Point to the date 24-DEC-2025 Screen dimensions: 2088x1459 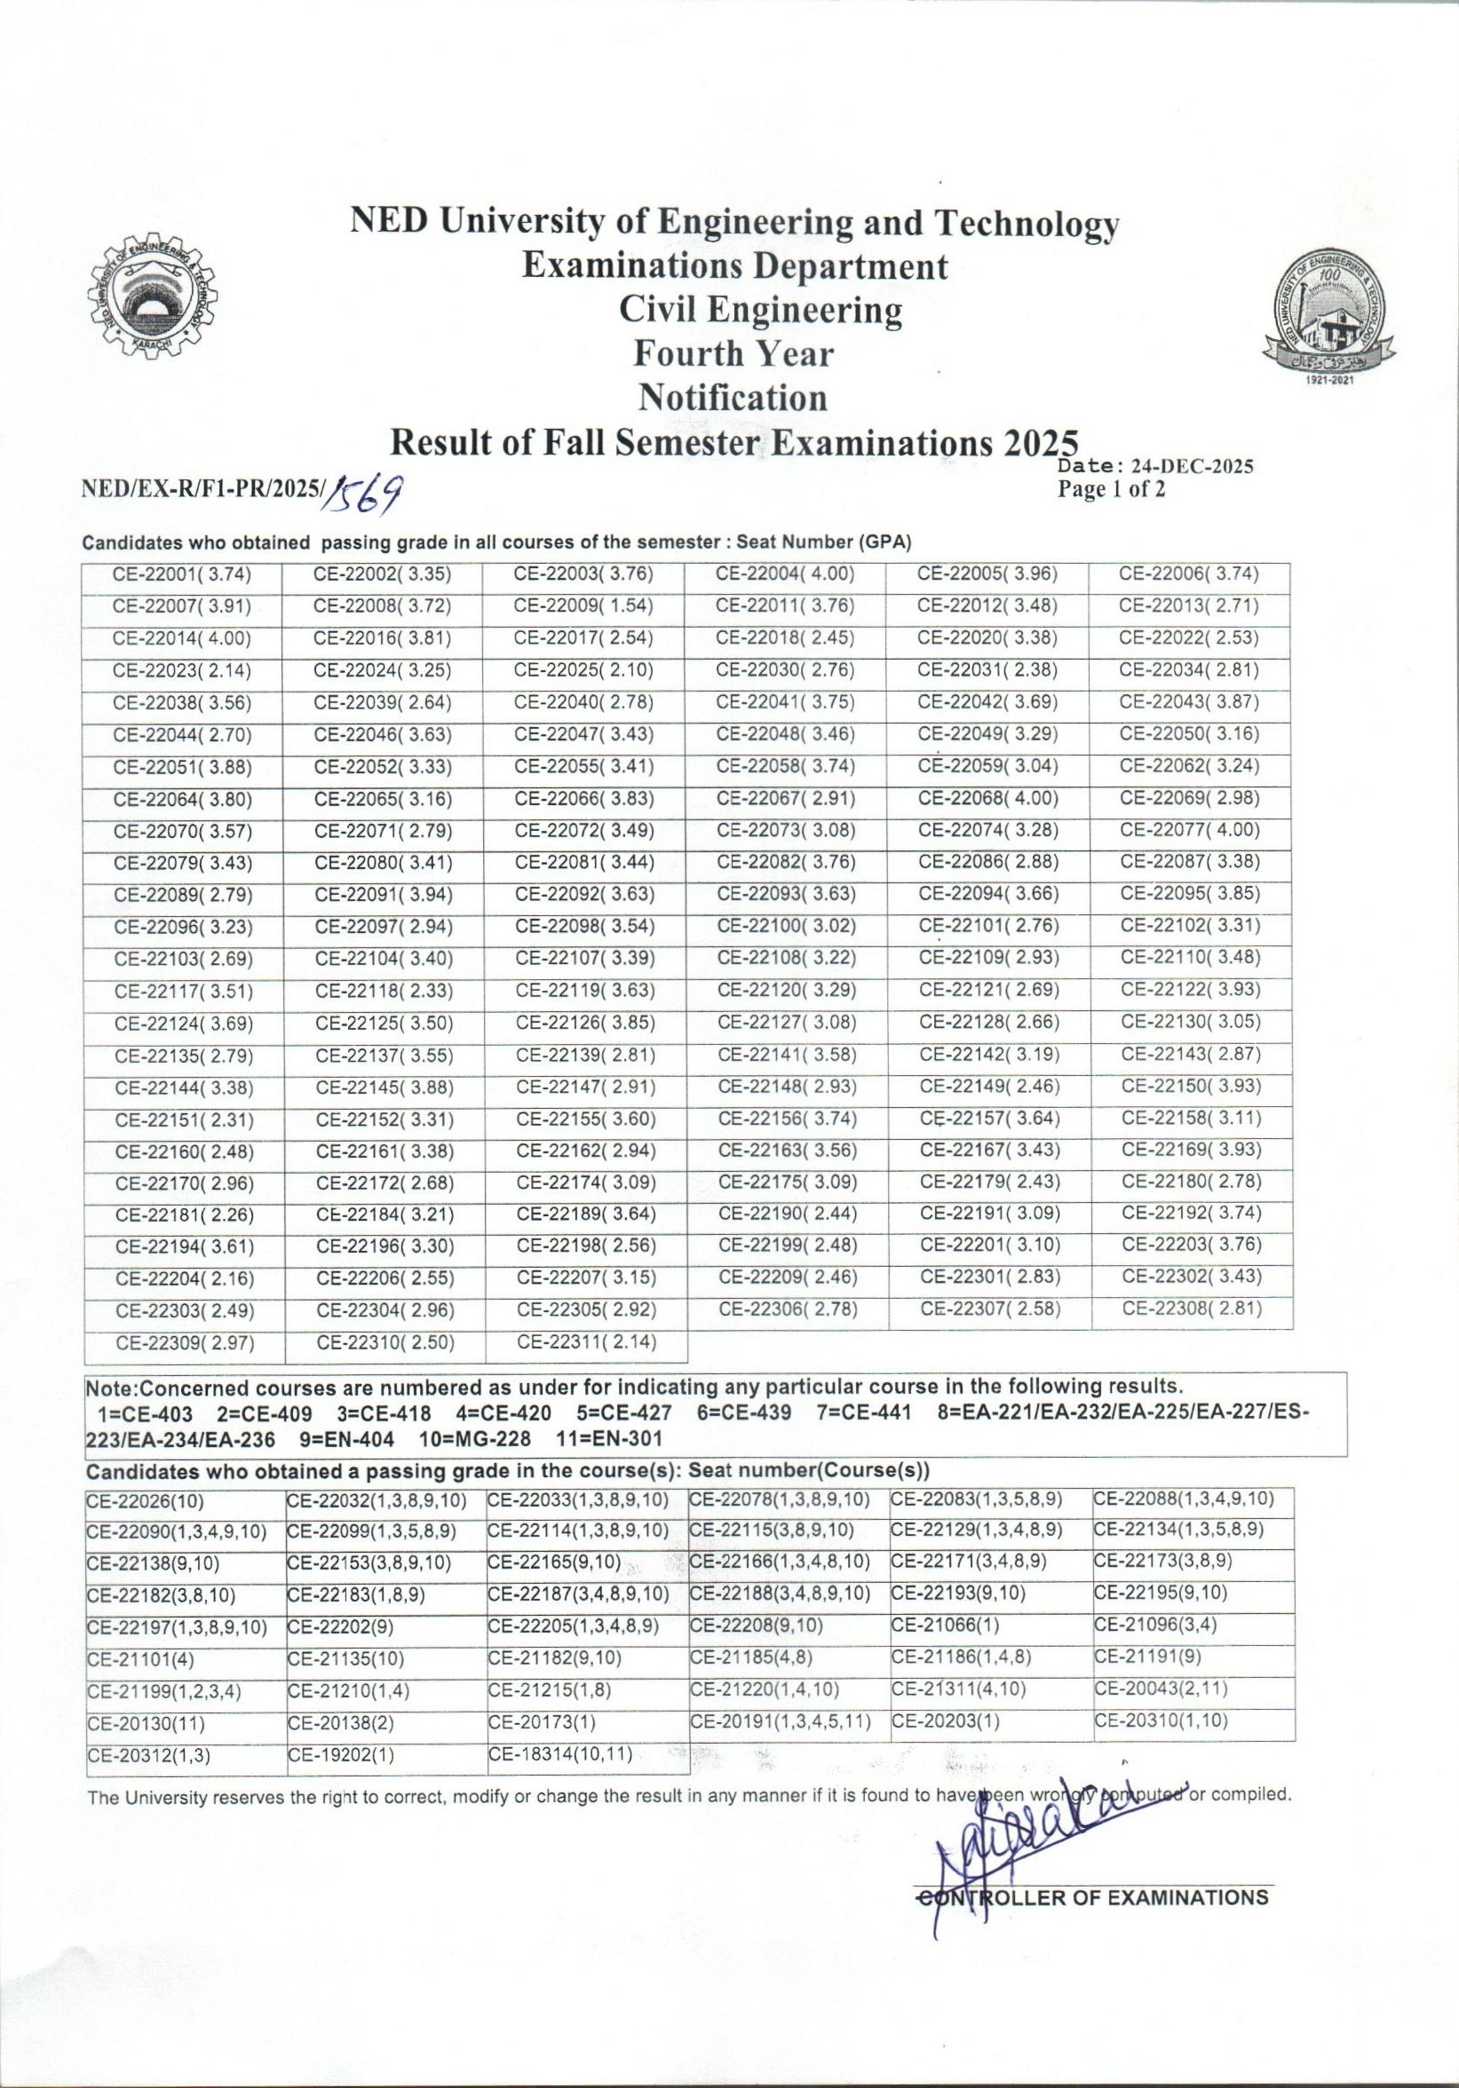click(1193, 468)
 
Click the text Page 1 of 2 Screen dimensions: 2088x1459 click(1111, 491)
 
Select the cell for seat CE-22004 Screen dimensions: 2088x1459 click(785, 573)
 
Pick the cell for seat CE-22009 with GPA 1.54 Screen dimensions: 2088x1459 click(585, 605)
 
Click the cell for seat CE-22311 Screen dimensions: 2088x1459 click(587, 1341)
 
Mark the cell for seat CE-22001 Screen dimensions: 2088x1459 click(182, 573)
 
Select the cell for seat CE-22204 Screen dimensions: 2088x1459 click(183, 1278)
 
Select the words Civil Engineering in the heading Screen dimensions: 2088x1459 click(760, 310)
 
